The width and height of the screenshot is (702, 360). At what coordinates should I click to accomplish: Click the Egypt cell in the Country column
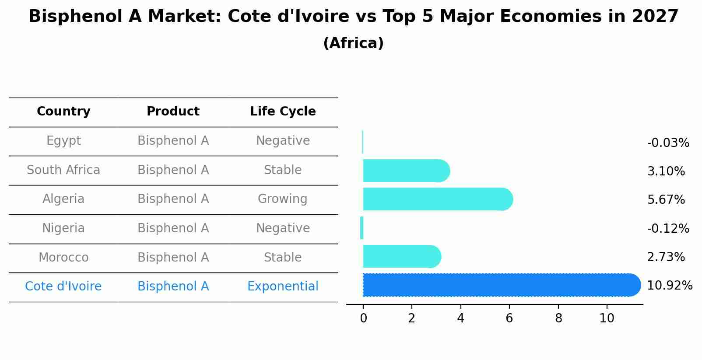click(x=63, y=141)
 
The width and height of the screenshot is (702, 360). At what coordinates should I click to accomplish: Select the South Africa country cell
click(x=63, y=170)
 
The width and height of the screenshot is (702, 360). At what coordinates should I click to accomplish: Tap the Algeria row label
click(x=63, y=199)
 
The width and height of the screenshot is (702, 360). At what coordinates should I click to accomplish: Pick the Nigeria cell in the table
click(x=63, y=228)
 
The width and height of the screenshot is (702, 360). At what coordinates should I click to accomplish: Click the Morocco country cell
click(x=63, y=258)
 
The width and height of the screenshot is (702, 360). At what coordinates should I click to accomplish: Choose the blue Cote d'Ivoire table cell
click(x=63, y=287)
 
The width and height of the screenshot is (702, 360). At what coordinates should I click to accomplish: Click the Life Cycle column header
click(x=283, y=112)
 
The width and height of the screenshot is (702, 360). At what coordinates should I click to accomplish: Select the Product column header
click(x=173, y=112)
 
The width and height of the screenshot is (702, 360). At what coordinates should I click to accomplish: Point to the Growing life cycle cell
click(x=283, y=199)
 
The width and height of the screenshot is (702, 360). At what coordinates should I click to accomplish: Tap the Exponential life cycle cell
click(x=283, y=287)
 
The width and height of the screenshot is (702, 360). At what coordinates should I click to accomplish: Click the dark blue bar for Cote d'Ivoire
click(x=499, y=285)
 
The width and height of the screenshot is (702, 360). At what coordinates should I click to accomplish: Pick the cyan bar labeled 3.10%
click(x=405, y=171)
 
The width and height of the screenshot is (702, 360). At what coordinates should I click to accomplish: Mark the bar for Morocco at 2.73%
click(x=401, y=256)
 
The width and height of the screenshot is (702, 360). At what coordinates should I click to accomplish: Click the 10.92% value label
click(x=670, y=286)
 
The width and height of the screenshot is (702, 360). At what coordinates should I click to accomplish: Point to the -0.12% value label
click(x=668, y=229)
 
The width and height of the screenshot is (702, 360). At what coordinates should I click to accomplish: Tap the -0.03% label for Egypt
click(x=668, y=143)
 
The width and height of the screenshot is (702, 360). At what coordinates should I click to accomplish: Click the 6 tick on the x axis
click(x=509, y=318)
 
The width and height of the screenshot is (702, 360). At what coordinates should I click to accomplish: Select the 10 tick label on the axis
click(x=607, y=318)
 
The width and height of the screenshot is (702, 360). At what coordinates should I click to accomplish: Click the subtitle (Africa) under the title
click(x=353, y=43)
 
